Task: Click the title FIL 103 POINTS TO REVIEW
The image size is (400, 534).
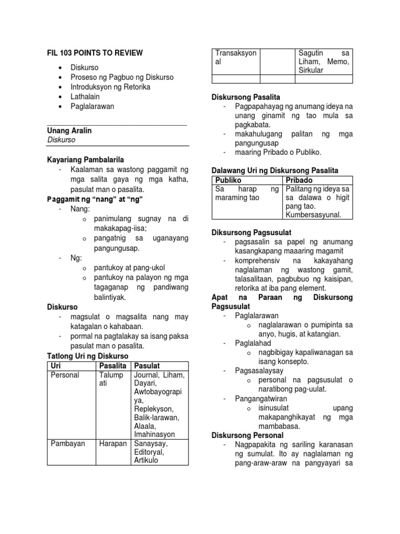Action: pyautogui.click(x=95, y=53)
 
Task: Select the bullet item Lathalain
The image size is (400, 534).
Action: pyautogui.click(x=85, y=96)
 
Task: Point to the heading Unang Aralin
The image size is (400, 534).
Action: pyautogui.click(x=69, y=130)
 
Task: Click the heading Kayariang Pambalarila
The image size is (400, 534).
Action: pyautogui.click(x=85, y=160)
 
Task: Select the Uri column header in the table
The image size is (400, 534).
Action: pyautogui.click(x=55, y=366)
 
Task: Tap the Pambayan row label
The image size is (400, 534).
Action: pyautogui.click(x=68, y=444)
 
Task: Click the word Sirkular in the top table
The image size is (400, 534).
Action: pyautogui.click(x=311, y=70)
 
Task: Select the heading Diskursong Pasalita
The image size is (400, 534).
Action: pyautogui.click(x=246, y=97)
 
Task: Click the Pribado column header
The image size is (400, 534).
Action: pyautogui.click(x=300, y=180)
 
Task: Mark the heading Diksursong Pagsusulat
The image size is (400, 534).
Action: pyautogui.click(x=251, y=232)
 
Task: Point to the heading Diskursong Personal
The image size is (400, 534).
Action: pyautogui.click(x=247, y=435)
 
